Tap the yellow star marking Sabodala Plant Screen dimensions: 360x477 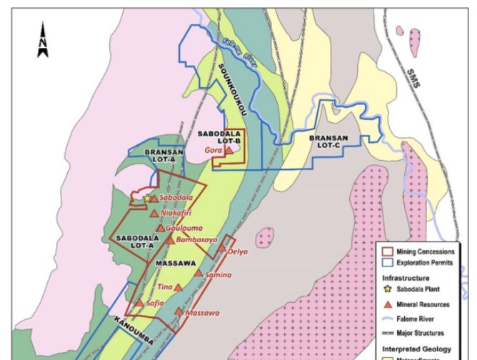(x=147, y=198)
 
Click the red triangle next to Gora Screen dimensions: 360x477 (x=229, y=150)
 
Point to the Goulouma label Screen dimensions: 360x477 (x=182, y=228)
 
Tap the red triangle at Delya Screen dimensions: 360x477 (x=222, y=250)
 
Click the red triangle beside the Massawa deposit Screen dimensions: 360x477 (x=178, y=311)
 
